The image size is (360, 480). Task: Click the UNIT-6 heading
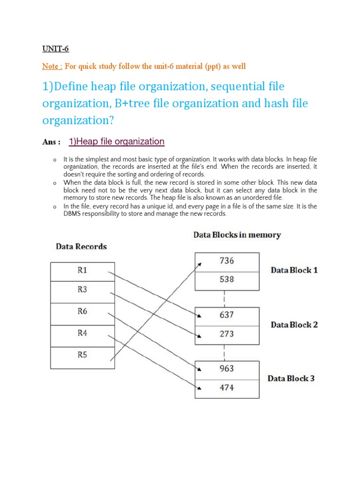[x=56, y=48]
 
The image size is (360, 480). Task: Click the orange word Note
[x=52, y=66]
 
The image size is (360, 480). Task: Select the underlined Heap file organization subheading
[x=116, y=142]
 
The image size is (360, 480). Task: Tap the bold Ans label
[x=51, y=142]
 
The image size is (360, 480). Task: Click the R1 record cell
[x=82, y=270]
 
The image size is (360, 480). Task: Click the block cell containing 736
[x=226, y=262]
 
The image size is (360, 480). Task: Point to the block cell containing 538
[x=226, y=280]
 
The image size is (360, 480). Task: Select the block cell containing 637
[x=226, y=316]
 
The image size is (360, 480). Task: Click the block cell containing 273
[x=226, y=334]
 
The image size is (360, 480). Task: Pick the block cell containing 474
[x=226, y=388]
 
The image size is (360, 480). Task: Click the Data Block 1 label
[x=294, y=270]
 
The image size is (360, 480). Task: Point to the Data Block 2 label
[x=294, y=324]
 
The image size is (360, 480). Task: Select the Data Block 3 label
[x=291, y=378]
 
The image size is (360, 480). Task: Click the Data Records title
[x=82, y=247]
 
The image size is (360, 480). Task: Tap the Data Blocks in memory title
[x=237, y=235]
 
